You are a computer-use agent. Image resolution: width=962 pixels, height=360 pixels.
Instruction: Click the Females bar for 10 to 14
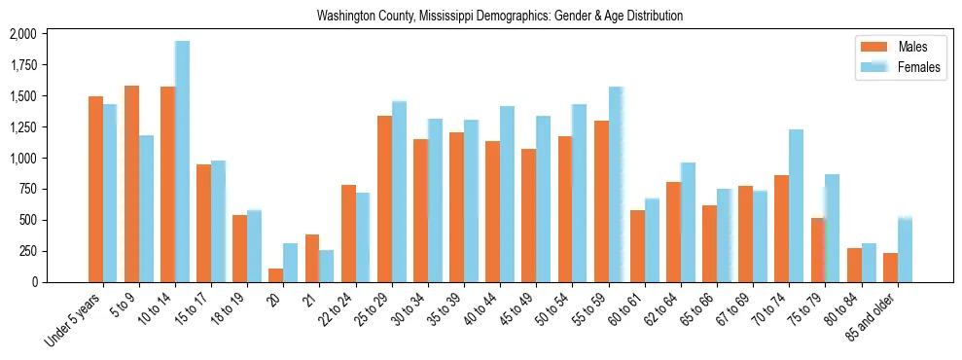tap(183, 162)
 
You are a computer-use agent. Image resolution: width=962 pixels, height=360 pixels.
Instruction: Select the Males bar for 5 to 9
tap(131, 184)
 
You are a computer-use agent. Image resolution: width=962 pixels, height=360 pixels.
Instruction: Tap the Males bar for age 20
tap(276, 275)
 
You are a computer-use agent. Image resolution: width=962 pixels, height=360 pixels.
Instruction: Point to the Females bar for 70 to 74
tap(797, 205)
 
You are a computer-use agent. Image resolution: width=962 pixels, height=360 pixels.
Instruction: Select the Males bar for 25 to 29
tap(384, 198)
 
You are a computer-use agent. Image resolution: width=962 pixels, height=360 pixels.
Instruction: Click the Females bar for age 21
tap(327, 266)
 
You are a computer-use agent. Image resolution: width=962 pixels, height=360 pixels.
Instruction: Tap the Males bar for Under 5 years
tap(95, 189)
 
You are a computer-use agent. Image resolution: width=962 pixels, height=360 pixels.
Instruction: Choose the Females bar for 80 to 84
tap(869, 263)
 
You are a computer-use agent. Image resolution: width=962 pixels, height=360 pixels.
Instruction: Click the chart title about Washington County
tap(500, 16)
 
